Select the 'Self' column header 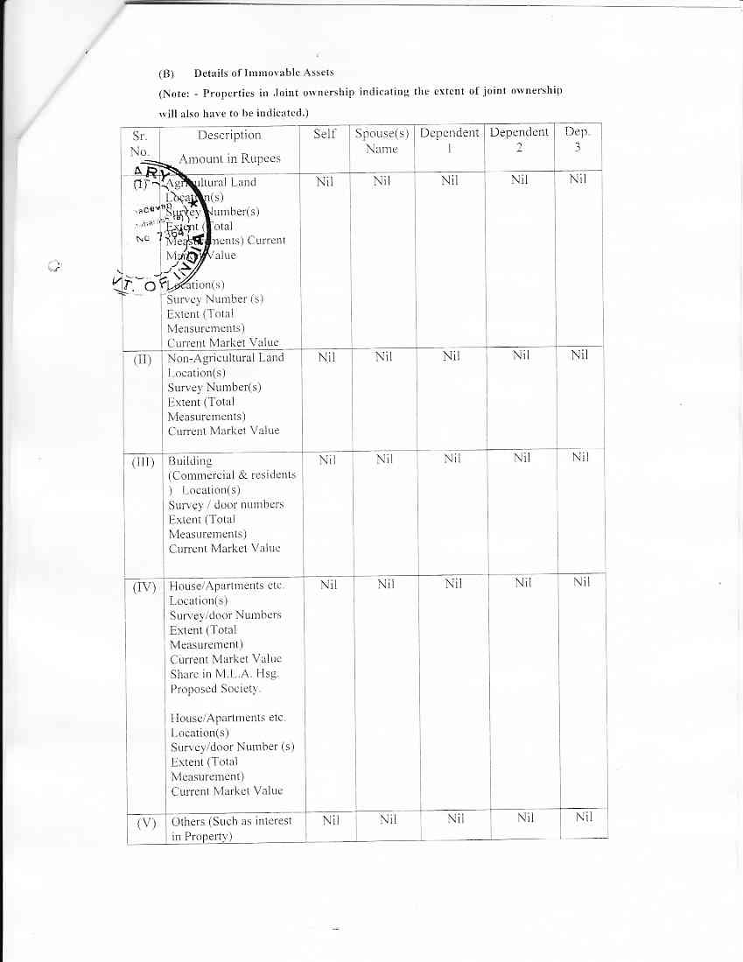325,134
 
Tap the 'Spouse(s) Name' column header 382,141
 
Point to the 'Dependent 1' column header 450,140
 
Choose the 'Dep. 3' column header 578,140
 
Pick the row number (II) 144,359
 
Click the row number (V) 146,823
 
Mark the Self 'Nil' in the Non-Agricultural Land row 326,356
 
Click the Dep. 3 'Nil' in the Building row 580,458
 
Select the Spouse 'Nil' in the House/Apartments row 386,583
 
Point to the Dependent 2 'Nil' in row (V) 524,818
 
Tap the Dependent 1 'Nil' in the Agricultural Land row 450,180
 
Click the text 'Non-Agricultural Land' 226,357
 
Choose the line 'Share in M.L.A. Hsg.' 225,674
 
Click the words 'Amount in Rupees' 229,158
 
